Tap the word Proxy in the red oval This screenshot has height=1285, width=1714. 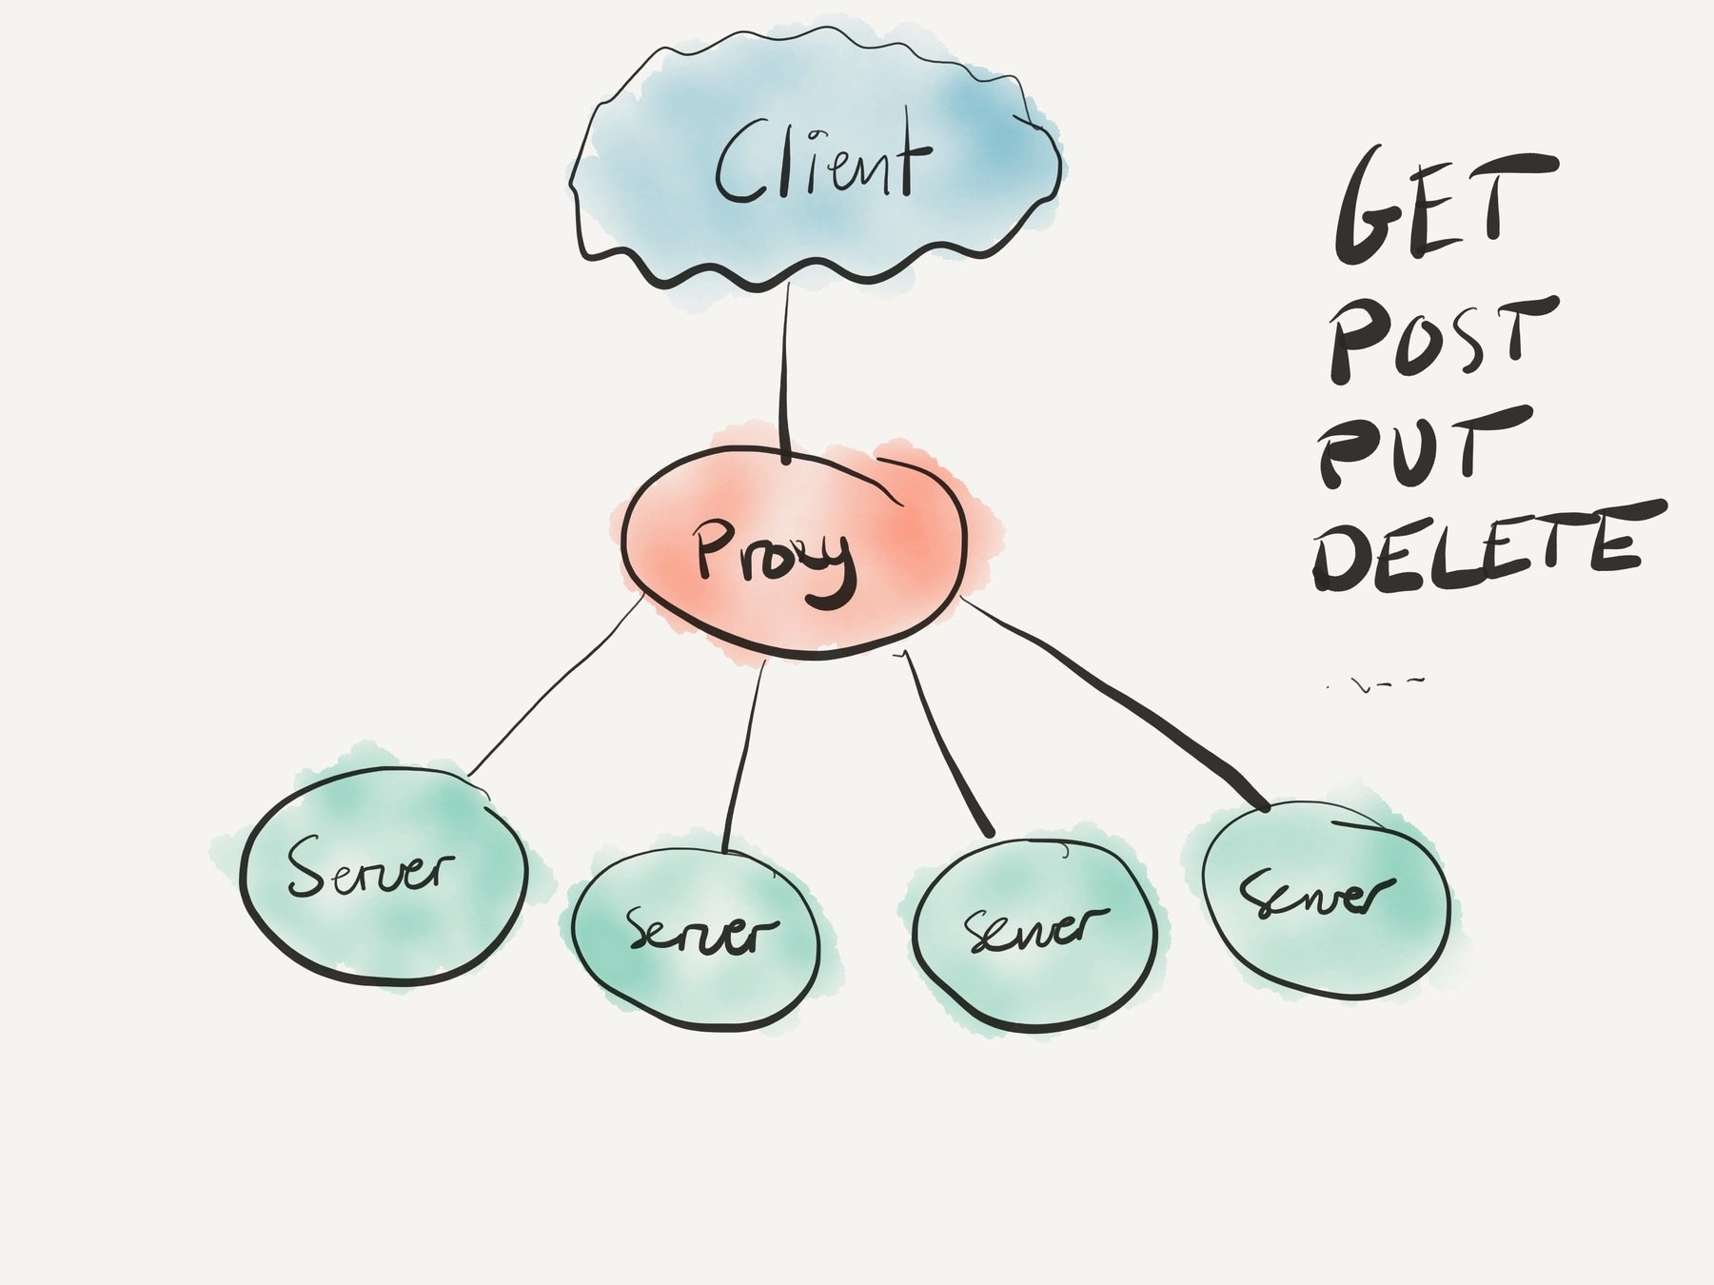coord(773,562)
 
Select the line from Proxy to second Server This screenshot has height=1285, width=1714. coord(744,752)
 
